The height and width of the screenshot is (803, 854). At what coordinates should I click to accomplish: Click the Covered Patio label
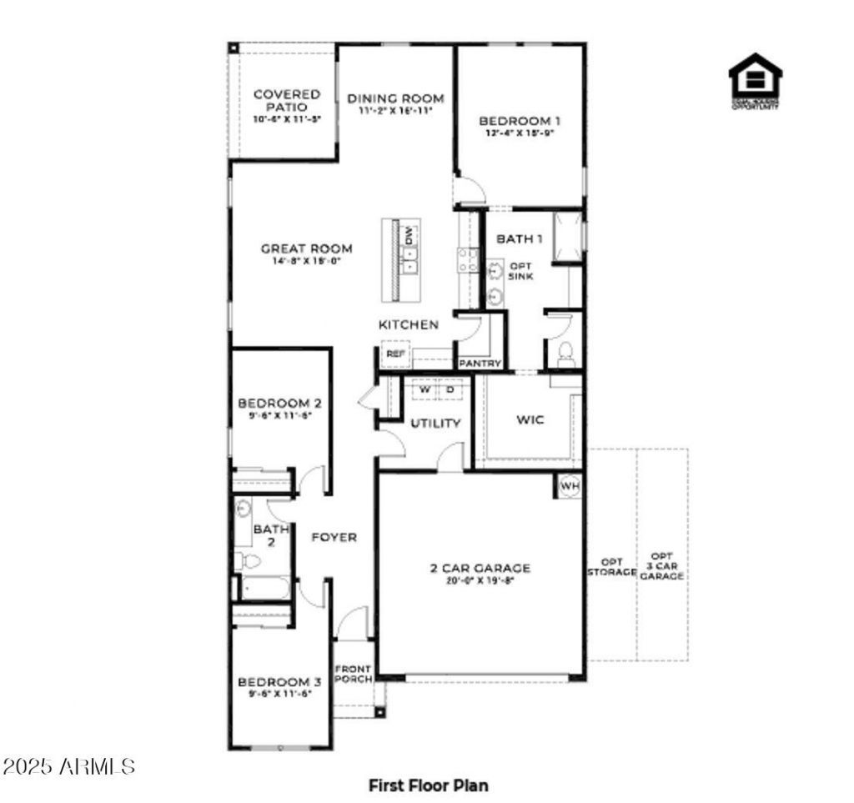click(287, 101)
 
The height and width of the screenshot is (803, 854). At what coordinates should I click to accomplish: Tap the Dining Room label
click(395, 98)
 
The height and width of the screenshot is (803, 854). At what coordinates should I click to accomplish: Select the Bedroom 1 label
click(520, 120)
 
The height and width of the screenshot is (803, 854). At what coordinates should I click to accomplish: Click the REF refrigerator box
click(395, 354)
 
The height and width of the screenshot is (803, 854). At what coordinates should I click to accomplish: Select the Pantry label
click(480, 364)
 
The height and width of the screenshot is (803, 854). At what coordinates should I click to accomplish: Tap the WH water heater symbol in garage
click(570, 486)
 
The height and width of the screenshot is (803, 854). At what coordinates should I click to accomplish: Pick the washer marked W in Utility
click(424, 389)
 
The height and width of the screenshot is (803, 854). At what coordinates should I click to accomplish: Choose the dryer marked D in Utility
click(450, 389)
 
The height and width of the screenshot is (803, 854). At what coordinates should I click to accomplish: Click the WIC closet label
click(530, 419)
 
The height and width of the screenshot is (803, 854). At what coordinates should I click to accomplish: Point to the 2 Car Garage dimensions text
click(480, 581)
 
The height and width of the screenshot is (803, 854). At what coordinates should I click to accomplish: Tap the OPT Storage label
click(612, 567)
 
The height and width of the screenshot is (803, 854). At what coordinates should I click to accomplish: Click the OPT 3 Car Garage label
click(662, 566)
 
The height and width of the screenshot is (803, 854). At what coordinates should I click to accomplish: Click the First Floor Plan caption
click(429, 785)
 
